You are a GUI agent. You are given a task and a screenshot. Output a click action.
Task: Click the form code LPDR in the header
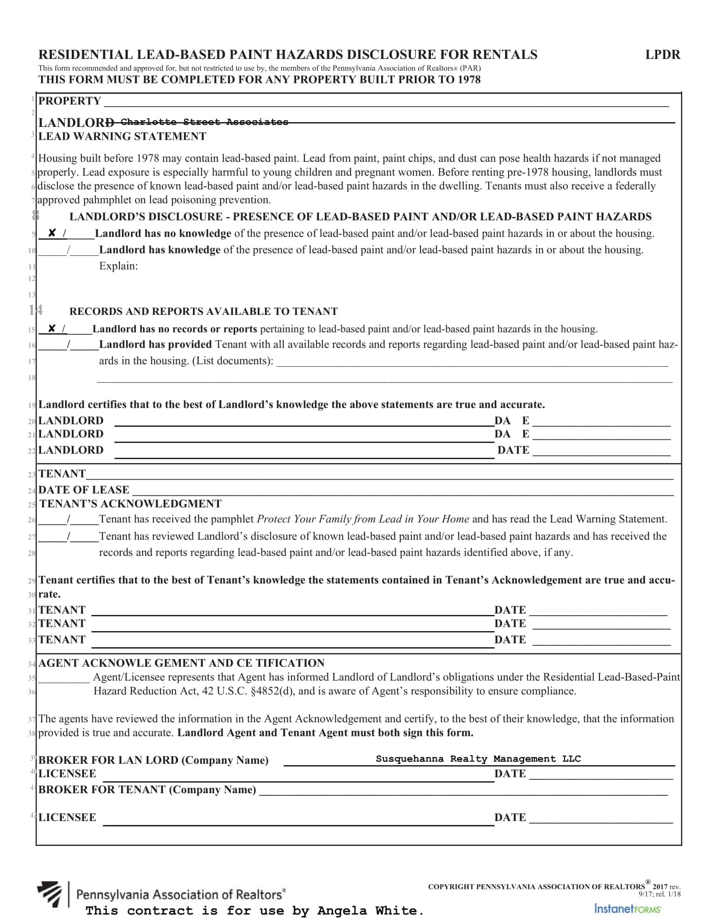(662, 55)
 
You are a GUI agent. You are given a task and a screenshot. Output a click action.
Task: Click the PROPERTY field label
(70, 101)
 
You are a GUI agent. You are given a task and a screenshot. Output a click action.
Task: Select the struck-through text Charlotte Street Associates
(204, 122)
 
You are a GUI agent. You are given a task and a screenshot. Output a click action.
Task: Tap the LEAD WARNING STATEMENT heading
(122, 136)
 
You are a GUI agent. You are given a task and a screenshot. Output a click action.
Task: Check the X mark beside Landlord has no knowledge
(52, 233)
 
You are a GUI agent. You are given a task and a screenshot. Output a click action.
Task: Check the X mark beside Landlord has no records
(51, 328)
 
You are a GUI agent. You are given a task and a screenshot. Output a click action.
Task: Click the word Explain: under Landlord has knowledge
(118, 266)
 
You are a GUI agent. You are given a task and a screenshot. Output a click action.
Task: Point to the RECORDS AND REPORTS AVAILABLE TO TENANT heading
(204, 311)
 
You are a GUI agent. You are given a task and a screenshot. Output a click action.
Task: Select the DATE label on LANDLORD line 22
(513, 450)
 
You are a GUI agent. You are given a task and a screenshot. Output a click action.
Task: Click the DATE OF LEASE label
(83, 490)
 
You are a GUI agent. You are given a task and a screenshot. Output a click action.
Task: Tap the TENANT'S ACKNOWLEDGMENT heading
(131, 503)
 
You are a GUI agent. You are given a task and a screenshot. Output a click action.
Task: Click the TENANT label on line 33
(62, 639)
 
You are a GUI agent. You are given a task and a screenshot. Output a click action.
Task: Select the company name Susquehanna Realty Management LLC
(478, 758)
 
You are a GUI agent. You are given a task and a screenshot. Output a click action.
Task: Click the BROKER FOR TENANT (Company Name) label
(147, 789)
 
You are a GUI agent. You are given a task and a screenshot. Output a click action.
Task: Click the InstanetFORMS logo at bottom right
(627, 909)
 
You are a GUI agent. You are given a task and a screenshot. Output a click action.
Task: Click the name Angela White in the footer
(367, 911)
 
